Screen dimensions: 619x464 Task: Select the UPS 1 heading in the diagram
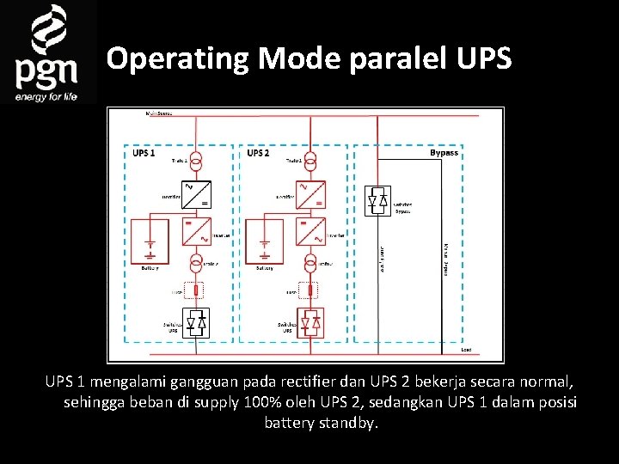(144, 153)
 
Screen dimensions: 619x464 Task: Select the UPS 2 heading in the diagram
(259, 153)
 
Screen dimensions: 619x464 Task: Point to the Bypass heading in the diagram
(444, 153)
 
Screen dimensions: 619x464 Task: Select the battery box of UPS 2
(264, 242)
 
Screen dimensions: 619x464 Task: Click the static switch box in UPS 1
(197, 324)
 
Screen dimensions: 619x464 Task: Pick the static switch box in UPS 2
(311, 324)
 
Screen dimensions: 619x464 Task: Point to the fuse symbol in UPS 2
(311, 292)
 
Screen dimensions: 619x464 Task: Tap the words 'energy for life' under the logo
(46, 97)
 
